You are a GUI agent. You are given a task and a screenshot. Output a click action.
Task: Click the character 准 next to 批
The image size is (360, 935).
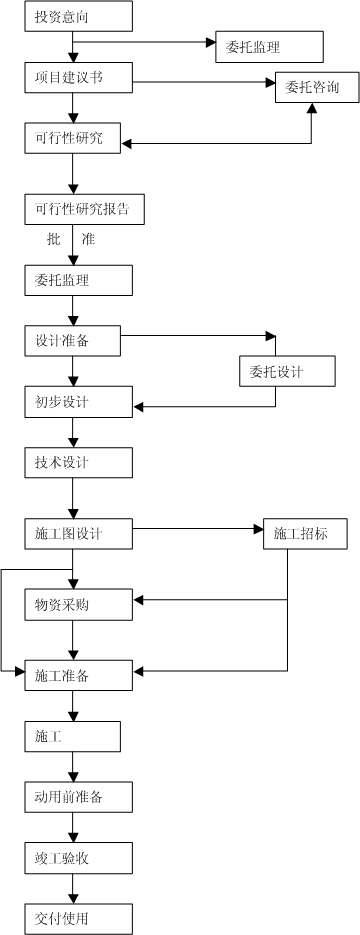88,240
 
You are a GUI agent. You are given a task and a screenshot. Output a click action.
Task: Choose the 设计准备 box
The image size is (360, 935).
72,340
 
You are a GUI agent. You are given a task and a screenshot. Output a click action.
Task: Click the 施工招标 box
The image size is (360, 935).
304,534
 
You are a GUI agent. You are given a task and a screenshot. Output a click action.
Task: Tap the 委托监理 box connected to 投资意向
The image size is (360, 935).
269,46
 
